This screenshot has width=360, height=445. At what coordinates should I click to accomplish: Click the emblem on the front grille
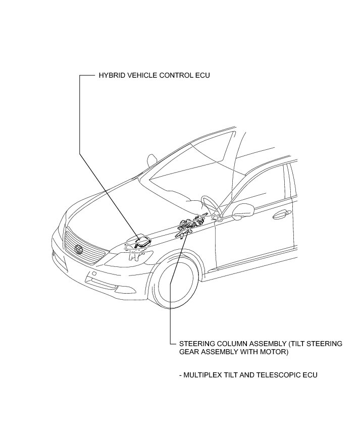[78, 249]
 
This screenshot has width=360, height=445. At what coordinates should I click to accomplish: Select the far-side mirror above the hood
[151, 160]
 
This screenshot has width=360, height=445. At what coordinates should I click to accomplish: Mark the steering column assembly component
[189, 224]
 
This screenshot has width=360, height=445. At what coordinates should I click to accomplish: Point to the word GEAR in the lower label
[189, 352]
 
